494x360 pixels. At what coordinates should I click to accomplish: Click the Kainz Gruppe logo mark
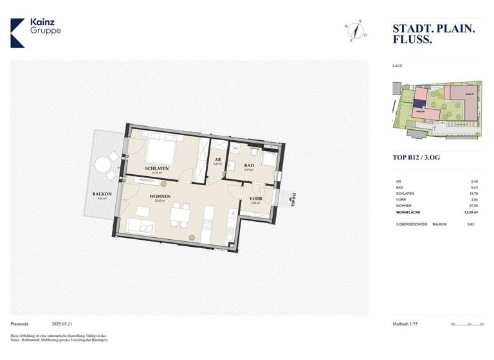click(18, 33)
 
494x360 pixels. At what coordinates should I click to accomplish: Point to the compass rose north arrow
click(354, 30)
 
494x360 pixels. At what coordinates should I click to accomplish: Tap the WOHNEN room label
click(160, 195)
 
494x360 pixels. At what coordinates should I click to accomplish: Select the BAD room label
click(248, 166)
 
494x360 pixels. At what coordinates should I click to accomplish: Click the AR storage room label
click(217, 159)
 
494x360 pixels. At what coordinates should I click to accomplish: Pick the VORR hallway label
click(255, 198)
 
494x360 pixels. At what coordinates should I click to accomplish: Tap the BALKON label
click(102, 194)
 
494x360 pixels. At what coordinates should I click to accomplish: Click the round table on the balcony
click(102, 165)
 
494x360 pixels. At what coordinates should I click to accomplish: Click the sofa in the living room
click(141, 226)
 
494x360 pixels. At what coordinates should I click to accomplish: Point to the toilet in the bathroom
click(256, 154)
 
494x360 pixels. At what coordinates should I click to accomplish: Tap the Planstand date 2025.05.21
click(64, 324)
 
